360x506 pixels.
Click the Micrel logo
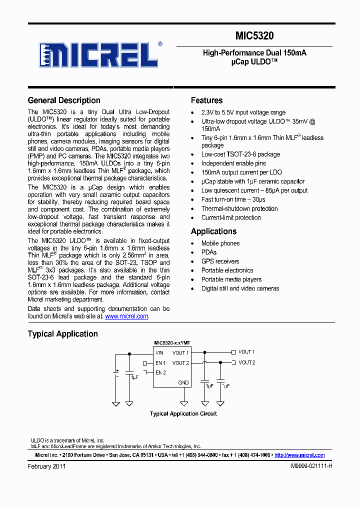[100, 55]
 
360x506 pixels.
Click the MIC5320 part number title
[254, 36]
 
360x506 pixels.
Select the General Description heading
[64, 100]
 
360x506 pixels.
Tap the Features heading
[206, 100]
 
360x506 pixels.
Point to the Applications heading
[213, 231]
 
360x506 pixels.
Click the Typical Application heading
[62, 334]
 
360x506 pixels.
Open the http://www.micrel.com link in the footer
[299, 455]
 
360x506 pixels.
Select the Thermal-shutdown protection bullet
[239, 208]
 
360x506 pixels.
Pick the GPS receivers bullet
[220, 261]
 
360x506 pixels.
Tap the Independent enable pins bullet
[233, 163]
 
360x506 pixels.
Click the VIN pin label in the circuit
[159, 353]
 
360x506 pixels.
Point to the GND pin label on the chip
[183, 383]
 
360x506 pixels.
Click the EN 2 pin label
[160, 372]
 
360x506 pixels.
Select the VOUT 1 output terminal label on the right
[246, 352]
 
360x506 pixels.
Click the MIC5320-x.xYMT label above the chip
[172, 343]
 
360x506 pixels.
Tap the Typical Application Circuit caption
[183, 414]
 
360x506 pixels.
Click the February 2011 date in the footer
[46, 466]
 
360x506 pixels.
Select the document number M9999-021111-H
[311, 466]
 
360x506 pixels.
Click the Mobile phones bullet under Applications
[220, 243]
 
